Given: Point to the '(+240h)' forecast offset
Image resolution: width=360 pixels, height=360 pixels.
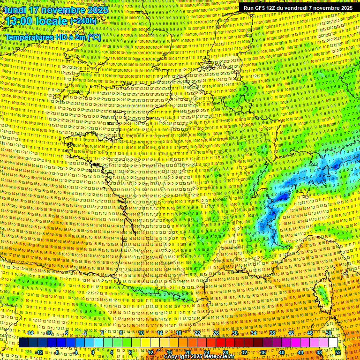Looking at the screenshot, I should [83, 21].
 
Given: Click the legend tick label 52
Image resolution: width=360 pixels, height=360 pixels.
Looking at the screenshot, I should [338, 352].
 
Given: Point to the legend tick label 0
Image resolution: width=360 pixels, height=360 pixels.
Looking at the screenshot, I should [93, 352].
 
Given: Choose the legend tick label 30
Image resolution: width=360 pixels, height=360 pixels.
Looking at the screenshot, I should [234, 333].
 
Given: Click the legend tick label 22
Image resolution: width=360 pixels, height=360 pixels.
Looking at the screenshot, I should [197, 333].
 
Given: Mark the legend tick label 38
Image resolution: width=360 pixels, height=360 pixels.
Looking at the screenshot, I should [272, 333].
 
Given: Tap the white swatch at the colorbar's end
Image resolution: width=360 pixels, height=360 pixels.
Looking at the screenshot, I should [333, 343].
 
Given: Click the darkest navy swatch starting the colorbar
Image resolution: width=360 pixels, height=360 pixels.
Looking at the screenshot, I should [24, 343].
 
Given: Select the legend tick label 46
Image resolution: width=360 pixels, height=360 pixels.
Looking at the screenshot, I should [309, 333].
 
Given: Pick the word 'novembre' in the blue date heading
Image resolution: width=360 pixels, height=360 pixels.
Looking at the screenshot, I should [63, 9].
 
